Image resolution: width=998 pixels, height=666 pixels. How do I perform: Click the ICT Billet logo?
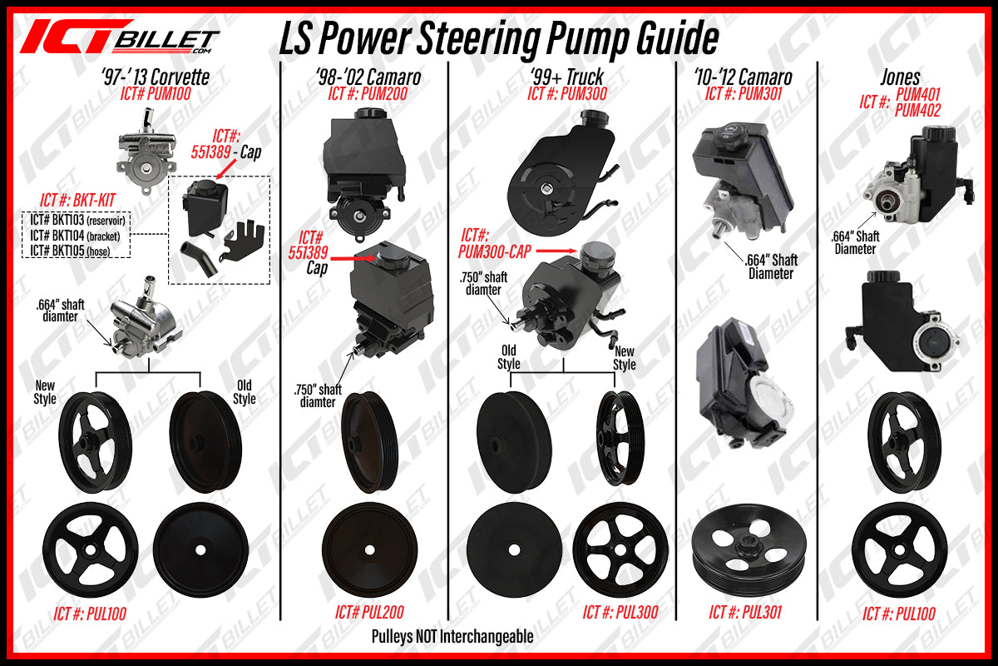pos(120,37)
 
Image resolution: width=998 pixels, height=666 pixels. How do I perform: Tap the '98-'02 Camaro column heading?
pos(368,77)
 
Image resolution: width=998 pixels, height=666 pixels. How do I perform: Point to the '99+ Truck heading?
pos(566,77)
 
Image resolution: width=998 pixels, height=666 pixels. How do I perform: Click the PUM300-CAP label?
pos(495,251)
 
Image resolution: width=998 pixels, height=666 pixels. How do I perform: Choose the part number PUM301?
pos(760,94)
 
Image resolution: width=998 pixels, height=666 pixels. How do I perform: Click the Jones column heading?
pos(900,77)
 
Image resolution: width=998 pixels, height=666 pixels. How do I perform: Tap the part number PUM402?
pos(918,110)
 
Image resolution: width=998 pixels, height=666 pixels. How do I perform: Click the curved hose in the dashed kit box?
pos(198,258)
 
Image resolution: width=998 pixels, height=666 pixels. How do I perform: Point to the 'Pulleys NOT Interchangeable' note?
pos(452,637)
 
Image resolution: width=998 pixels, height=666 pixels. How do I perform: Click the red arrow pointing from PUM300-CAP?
pos(556,251)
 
